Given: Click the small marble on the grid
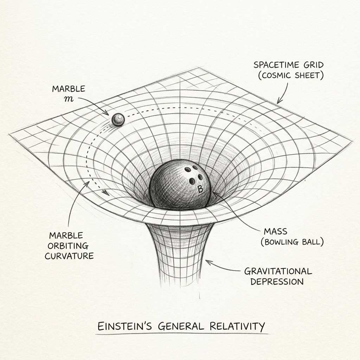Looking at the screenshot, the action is (x=118, y=120).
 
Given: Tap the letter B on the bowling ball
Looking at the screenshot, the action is (x=200, y=189).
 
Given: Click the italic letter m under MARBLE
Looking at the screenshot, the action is (x=69, y=99).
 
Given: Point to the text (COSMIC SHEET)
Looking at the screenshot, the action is (x=291, y=76).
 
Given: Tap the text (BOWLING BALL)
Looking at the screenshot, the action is (x=292, y=242).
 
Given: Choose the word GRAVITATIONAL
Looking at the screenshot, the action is (x=278, y=271).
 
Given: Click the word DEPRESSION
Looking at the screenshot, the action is (x=277, y=282).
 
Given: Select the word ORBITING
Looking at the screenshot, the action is (x=68, y=246).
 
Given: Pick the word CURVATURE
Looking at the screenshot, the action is (x=69, y=256).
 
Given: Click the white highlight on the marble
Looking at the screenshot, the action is (x=119, y=117).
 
